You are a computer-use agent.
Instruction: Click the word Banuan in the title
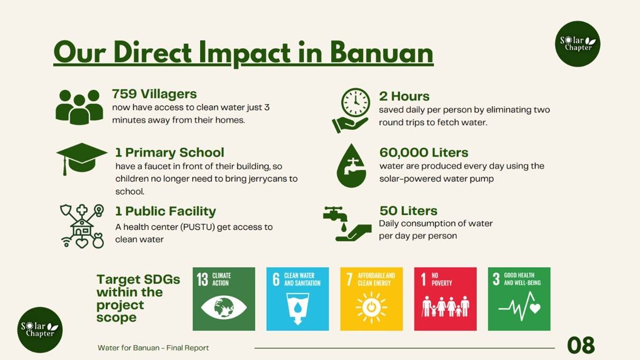click(x=382, y=53)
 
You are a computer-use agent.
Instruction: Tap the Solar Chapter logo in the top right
click(x=578, y=44)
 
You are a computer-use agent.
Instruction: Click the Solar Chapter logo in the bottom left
click(x=40, y=330)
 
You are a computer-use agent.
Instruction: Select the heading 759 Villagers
click(x=154, y=94)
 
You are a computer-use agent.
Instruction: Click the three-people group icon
click(x=79, y=107)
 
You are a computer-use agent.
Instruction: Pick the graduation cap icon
click(x=82, y=159)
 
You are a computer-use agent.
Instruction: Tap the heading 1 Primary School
click(x=170, y=153)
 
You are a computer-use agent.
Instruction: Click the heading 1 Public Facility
click(x=166, y=212)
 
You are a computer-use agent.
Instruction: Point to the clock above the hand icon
click(x=355, y=102)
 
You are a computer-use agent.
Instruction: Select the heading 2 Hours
click(x=404, y=96)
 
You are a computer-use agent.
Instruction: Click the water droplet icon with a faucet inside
click(x=352, y=166)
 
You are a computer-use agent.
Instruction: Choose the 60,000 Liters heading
click(x=424, y=153)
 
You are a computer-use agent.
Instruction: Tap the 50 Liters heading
click(x=409, y=211)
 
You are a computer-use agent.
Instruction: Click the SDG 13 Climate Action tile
click(x=224, y=299)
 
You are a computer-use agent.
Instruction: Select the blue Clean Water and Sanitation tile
click(x=298, y=299)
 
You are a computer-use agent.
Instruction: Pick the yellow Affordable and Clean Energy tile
click(x=371, y=299)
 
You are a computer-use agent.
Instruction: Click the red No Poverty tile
click(x=446, y=299)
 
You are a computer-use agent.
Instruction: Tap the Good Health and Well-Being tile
click(x=519, y=299)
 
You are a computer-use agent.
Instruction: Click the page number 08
click(x=581, y=345)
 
